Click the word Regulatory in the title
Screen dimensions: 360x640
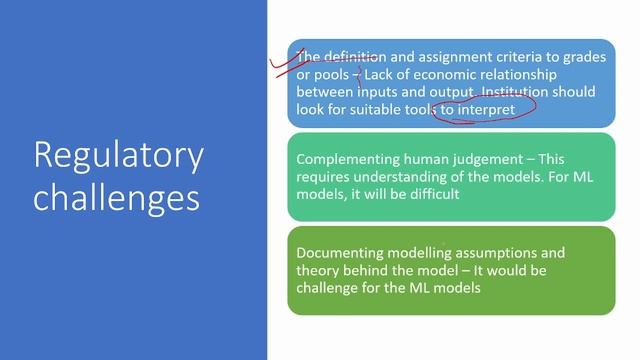pyautogui.click(x=118, y=156)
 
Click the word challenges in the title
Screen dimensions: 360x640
pyautogui.click(x=117, y=196)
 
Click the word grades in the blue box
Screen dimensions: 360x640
pyautogui.click(x=582, y=57)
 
